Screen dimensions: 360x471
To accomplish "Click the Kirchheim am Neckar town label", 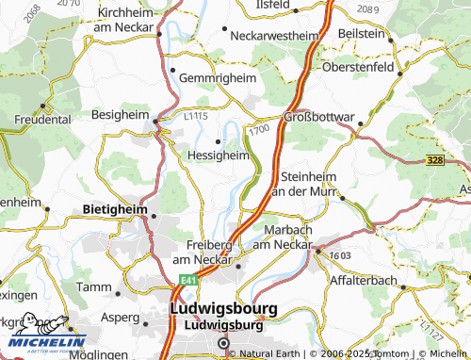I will [x=124, y=19].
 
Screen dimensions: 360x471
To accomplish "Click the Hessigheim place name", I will [x=219, y=156].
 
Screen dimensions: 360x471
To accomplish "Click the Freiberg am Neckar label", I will [x=202, y=252].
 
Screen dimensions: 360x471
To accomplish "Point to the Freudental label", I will [x=42, y=120].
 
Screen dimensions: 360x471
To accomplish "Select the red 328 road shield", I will [x=433, y=161].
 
